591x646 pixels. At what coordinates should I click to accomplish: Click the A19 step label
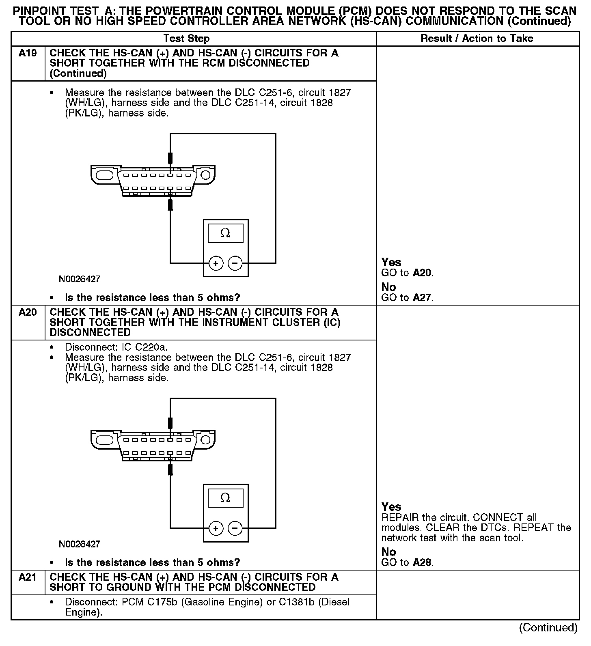coord(28,53)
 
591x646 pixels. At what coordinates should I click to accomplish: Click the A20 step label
coord(28,312)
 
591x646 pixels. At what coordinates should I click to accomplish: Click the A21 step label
coord(28,577)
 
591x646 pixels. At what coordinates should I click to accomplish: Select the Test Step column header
coord(186,39)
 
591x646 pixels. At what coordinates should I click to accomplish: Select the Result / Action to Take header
coord(477,39)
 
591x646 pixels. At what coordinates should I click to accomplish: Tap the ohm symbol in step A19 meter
coord(225,233)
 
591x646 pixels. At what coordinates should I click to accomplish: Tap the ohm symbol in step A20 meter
coord(225,498)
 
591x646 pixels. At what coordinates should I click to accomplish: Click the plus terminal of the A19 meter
coord(216,264)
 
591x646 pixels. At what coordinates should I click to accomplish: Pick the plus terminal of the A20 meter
coord(216,528)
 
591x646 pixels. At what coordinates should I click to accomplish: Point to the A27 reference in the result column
coord(423,298)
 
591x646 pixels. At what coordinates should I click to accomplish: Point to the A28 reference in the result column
coord(423,563)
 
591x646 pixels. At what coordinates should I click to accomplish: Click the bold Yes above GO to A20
coord(391,263)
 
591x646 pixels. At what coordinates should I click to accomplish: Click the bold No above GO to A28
coord(388,552)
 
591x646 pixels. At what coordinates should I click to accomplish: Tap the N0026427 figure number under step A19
coord(80,279)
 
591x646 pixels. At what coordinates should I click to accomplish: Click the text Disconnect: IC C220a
coord(116,347)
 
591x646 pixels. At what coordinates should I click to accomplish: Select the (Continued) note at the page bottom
coord(548,628)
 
